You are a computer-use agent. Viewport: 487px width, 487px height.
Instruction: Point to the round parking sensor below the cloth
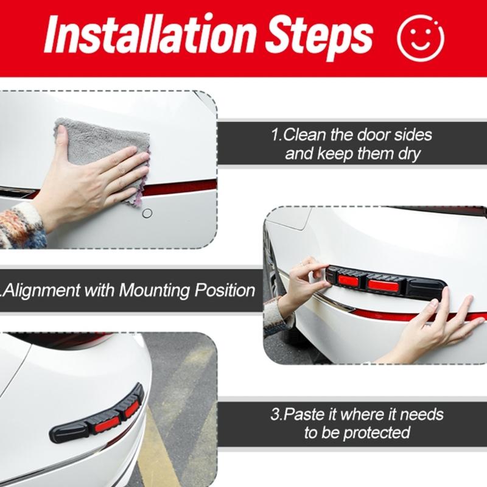point(147,214)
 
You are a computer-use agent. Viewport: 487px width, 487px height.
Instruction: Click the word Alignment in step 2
point(43,290)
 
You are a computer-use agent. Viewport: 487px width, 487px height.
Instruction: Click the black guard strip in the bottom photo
point(116,414)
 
